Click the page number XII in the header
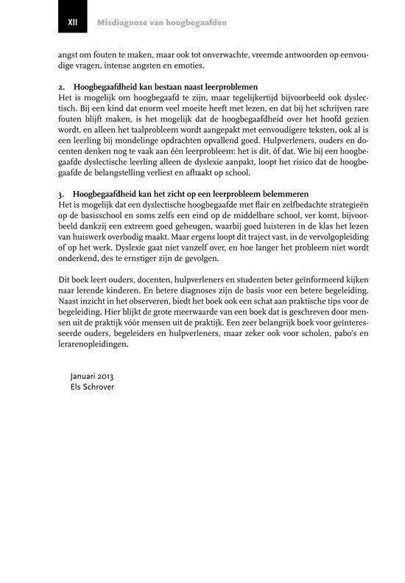(72, 23)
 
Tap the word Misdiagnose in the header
(122, 23)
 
